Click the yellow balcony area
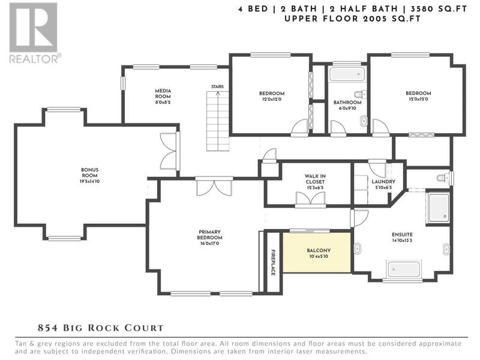coord(317,252)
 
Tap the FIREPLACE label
coord(273,262)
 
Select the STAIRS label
coord(217,86)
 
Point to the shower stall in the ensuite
coord(439,208)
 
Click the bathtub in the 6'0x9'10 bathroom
coord(347,74)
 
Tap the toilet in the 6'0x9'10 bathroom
coord(360,94)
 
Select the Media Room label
coord(163,94)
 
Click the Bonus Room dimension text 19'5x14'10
coord(89,181)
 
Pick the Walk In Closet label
coord(315,179)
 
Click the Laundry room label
coord(383,182)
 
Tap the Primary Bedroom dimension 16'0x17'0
coord(209,244)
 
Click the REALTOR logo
coord(34,33)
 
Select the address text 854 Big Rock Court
coord(101,328)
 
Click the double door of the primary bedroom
coord(214,186)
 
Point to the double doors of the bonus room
coord(169,151)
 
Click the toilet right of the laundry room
coord(445,178)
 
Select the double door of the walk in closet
coord(311,199)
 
